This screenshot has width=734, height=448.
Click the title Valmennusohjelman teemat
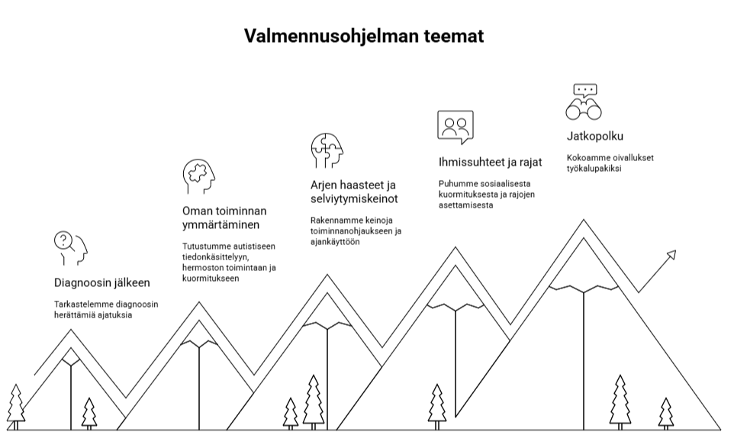pos(364,36)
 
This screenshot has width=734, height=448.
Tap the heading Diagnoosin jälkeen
pos(102,282)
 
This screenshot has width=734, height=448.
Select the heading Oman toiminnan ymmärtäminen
pos(224,218)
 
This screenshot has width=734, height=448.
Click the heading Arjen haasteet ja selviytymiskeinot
pos(354,192)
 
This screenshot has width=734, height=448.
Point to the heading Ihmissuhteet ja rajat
pos(490,163)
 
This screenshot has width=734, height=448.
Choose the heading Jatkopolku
pos(595,136)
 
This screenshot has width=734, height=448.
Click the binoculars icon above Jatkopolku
pos(584,102)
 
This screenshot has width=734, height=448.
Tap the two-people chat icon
pos(456,127)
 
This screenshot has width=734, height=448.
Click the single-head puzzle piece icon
pos(199,176)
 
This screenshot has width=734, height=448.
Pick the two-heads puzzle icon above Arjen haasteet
pos(327,151)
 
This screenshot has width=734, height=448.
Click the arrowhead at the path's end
pos(671,255)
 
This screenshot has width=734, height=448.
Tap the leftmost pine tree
pos(16,407)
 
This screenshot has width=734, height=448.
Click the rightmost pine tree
pos(665,414)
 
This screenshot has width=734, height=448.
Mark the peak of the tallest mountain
pos(584,220)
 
